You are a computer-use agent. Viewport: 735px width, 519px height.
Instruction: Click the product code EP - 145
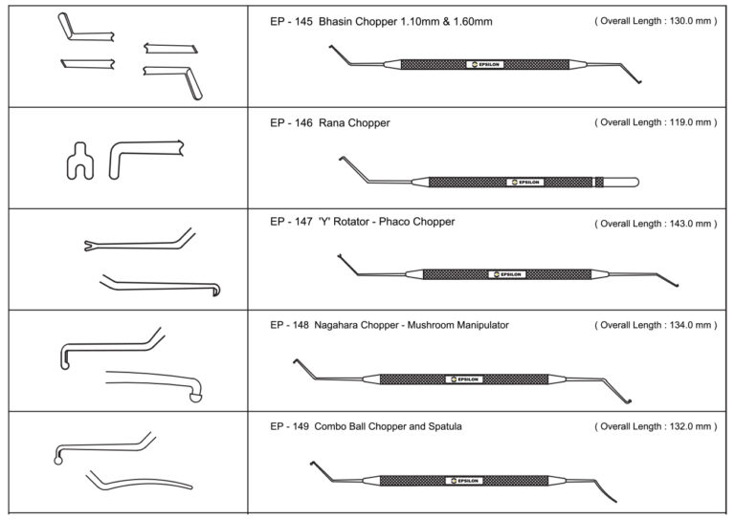click(289, 21)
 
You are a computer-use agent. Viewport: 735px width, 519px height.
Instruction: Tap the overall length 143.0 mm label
click(655, 224)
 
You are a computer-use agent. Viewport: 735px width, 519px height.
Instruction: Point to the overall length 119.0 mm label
click(655, 123)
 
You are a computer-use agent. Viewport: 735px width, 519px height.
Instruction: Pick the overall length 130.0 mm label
click(655, 21)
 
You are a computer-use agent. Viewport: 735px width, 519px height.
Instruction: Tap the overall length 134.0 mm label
click(655, 325)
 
